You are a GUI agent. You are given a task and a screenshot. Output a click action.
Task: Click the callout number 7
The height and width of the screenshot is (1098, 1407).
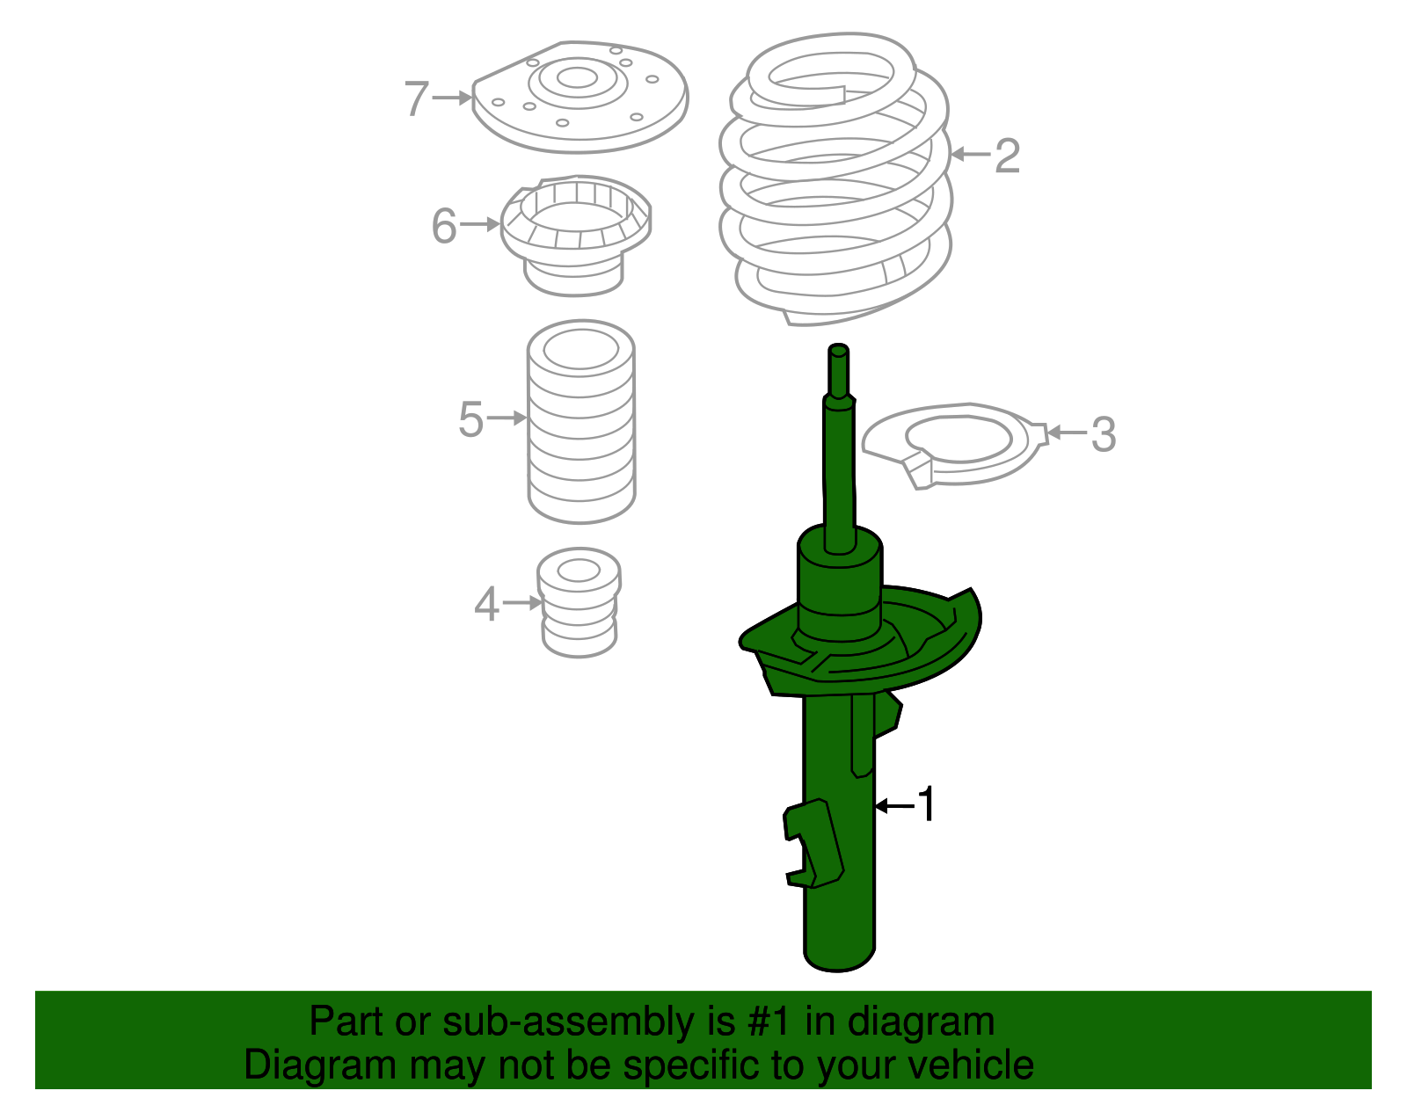(416, 98)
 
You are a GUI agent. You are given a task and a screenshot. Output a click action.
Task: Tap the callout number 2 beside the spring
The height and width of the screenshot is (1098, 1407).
(1006, 156)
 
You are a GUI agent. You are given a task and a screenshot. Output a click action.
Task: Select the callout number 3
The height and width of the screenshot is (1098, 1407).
(1103, 434)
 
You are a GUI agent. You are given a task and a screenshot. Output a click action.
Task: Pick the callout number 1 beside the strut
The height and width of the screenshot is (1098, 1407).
(927, 804)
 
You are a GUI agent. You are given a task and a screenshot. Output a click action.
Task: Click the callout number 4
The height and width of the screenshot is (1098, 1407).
(485, 605)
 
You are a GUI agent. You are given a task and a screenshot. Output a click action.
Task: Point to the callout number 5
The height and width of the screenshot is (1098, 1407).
(470, 419)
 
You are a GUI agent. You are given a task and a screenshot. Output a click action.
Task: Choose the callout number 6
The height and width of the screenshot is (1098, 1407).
(444, 226)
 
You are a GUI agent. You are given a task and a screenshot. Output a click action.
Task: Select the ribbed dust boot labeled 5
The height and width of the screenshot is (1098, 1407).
(580, 422)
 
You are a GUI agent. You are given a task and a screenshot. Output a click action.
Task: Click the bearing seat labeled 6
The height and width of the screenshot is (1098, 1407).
(576, 233)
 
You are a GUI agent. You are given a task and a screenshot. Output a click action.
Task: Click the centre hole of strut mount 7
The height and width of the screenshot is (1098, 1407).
(577, 78)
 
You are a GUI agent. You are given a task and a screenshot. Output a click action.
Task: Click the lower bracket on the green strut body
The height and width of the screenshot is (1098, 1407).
(813, 844)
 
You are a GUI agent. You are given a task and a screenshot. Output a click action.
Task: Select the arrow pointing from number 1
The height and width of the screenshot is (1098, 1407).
(893, 804)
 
